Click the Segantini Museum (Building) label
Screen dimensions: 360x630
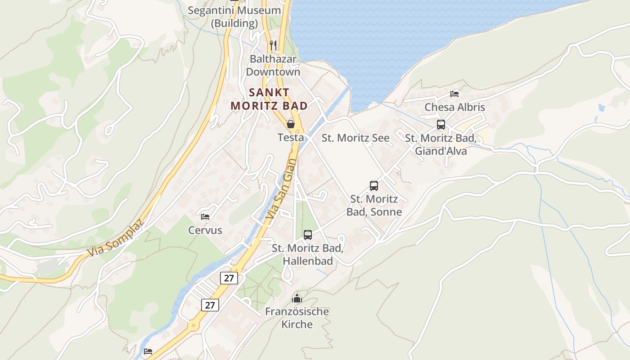234,17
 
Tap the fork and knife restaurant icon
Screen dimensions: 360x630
273,45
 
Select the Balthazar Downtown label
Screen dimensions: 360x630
273,65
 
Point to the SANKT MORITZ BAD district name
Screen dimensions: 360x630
269,99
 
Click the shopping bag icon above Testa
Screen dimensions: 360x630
291,124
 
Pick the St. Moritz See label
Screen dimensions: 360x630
355,138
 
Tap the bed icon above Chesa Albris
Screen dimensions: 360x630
454,94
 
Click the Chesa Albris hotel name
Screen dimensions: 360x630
454,107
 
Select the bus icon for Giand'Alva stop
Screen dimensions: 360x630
441,125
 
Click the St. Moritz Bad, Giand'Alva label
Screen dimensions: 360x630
441,144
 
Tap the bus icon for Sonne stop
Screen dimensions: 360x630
374,185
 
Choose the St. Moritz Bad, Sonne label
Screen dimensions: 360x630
374,205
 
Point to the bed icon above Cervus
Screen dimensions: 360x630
205,217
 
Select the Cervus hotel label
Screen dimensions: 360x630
205,230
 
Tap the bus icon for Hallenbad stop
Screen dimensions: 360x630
308,234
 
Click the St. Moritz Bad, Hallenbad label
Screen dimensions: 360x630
308,255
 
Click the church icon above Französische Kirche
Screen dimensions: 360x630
297,298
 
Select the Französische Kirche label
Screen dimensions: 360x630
297,318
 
